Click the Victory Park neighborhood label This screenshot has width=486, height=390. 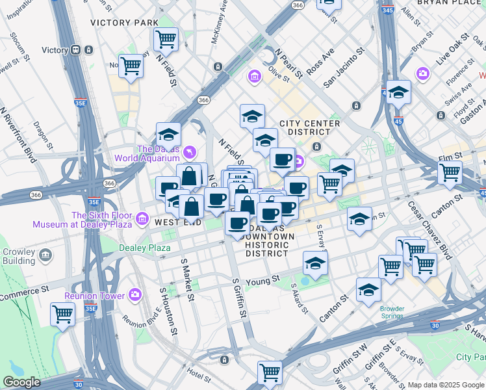pos(124,22)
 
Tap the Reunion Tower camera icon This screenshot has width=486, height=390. pos(135,294)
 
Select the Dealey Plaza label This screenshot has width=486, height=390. pos(144,248)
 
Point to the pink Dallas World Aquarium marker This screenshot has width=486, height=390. pos(189,152)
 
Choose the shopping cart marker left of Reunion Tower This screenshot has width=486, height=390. pos(62,314)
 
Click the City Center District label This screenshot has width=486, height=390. pos(309,127)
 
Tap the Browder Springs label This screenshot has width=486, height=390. pos(392,312)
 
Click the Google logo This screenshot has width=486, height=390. pos(21,382)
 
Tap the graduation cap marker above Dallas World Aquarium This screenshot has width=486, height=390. pos(168,135)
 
